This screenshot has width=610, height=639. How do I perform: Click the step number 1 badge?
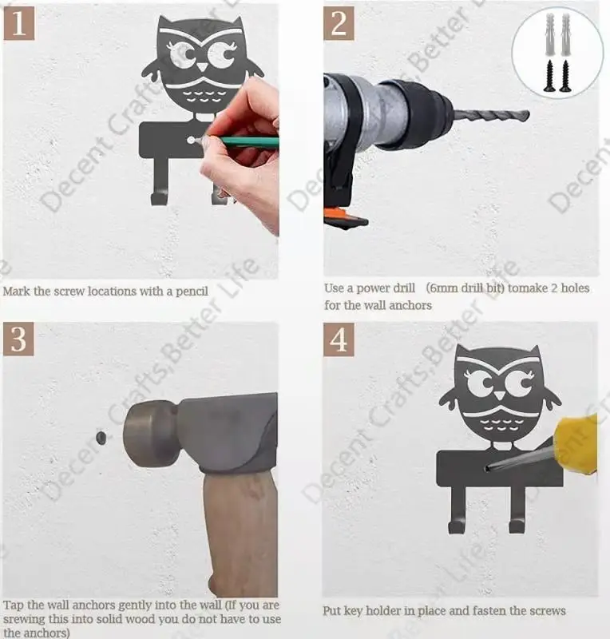(x=18, y=23)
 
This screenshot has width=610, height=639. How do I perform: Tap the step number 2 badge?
(x=339, y=23)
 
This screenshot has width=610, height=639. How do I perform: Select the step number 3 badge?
(x=18, y=339)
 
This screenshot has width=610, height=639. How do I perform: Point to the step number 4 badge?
(x=339, y=339)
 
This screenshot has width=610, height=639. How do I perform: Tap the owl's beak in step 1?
(x=202, y=66)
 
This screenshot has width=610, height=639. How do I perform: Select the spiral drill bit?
(x=491, y=115)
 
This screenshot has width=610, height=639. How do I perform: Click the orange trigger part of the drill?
(x=336, y=213)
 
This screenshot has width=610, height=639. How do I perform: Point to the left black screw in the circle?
(x=549, y=75)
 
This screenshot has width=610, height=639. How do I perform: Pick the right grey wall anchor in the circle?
(x=565, y=34)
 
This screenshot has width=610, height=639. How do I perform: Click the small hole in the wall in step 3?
(x=101, y=437)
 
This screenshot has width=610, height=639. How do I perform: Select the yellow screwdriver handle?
(x=579, y=444)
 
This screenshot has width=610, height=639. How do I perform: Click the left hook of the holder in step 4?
(x=457, y=510)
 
